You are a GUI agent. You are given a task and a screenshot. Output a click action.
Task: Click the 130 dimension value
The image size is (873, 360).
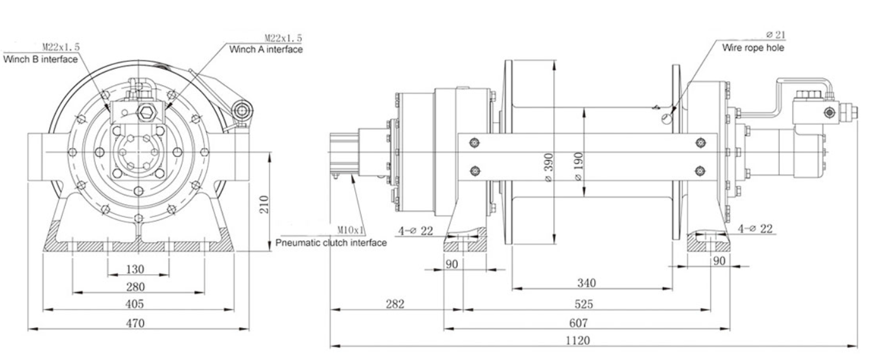coord(134,269)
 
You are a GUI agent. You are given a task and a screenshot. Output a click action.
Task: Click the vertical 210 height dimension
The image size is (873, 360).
coord(265,204)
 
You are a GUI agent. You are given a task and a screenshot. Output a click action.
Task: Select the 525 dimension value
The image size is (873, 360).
coord(583,305)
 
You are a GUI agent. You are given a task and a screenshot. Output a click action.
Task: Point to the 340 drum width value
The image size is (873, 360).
coord(587,282)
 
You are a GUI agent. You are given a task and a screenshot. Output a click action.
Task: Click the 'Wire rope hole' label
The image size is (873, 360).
coord(754,48)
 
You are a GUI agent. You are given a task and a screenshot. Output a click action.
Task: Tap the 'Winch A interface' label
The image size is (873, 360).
coord(266,49)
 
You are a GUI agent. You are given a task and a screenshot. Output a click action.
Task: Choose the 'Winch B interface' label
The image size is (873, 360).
coord(41,59)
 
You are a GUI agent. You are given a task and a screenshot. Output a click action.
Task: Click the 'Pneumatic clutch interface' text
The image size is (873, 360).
coord(331,243)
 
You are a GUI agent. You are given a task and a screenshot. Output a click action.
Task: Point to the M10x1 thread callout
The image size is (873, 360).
coord(353,231)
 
